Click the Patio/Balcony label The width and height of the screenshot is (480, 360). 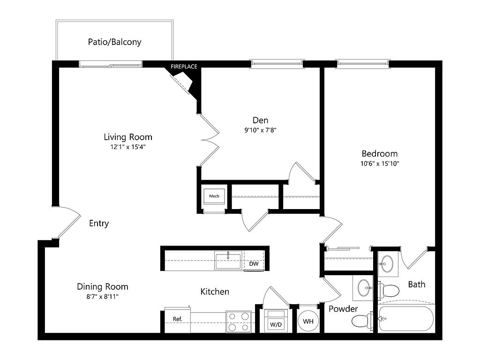pyautogui.click(x=114, y=42)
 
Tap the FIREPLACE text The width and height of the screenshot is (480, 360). pyautogui.click(x=183, y=67)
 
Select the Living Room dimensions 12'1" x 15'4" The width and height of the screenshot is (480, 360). pyautogui.click(x=128, y=147)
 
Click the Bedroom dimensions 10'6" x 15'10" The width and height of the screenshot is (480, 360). pyautogui.click(x=380, y=164)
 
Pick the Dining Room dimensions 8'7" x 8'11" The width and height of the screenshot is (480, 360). pyautogui.click(x=102, y=296)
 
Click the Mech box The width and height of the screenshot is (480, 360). pyautogui.click(x=214, y=196)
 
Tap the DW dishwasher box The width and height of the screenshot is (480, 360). pyautogui.click(x=254, y=264)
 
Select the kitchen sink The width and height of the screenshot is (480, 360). pyautogui.click(x=228, y=260)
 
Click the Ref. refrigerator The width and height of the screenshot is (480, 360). pyautogui.click(x=177, y=319)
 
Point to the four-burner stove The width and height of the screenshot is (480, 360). pyautogui.click(x=239, y=322)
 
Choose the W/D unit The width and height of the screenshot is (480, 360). pyautogui.click(x=275, y=321)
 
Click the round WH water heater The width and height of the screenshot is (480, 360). pyautogui.click(x=308, y=321)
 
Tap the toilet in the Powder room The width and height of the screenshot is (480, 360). pyautogui.click(x=361, y=321)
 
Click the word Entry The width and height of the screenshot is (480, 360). pyautogui.click(x=99, y=224)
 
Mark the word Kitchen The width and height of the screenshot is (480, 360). pyautogui.click(x=215, y=292)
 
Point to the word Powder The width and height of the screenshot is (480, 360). pyautogui.click(x=343, y=309)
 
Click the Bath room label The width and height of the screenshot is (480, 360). pyautogui.click(x=416, y=284)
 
